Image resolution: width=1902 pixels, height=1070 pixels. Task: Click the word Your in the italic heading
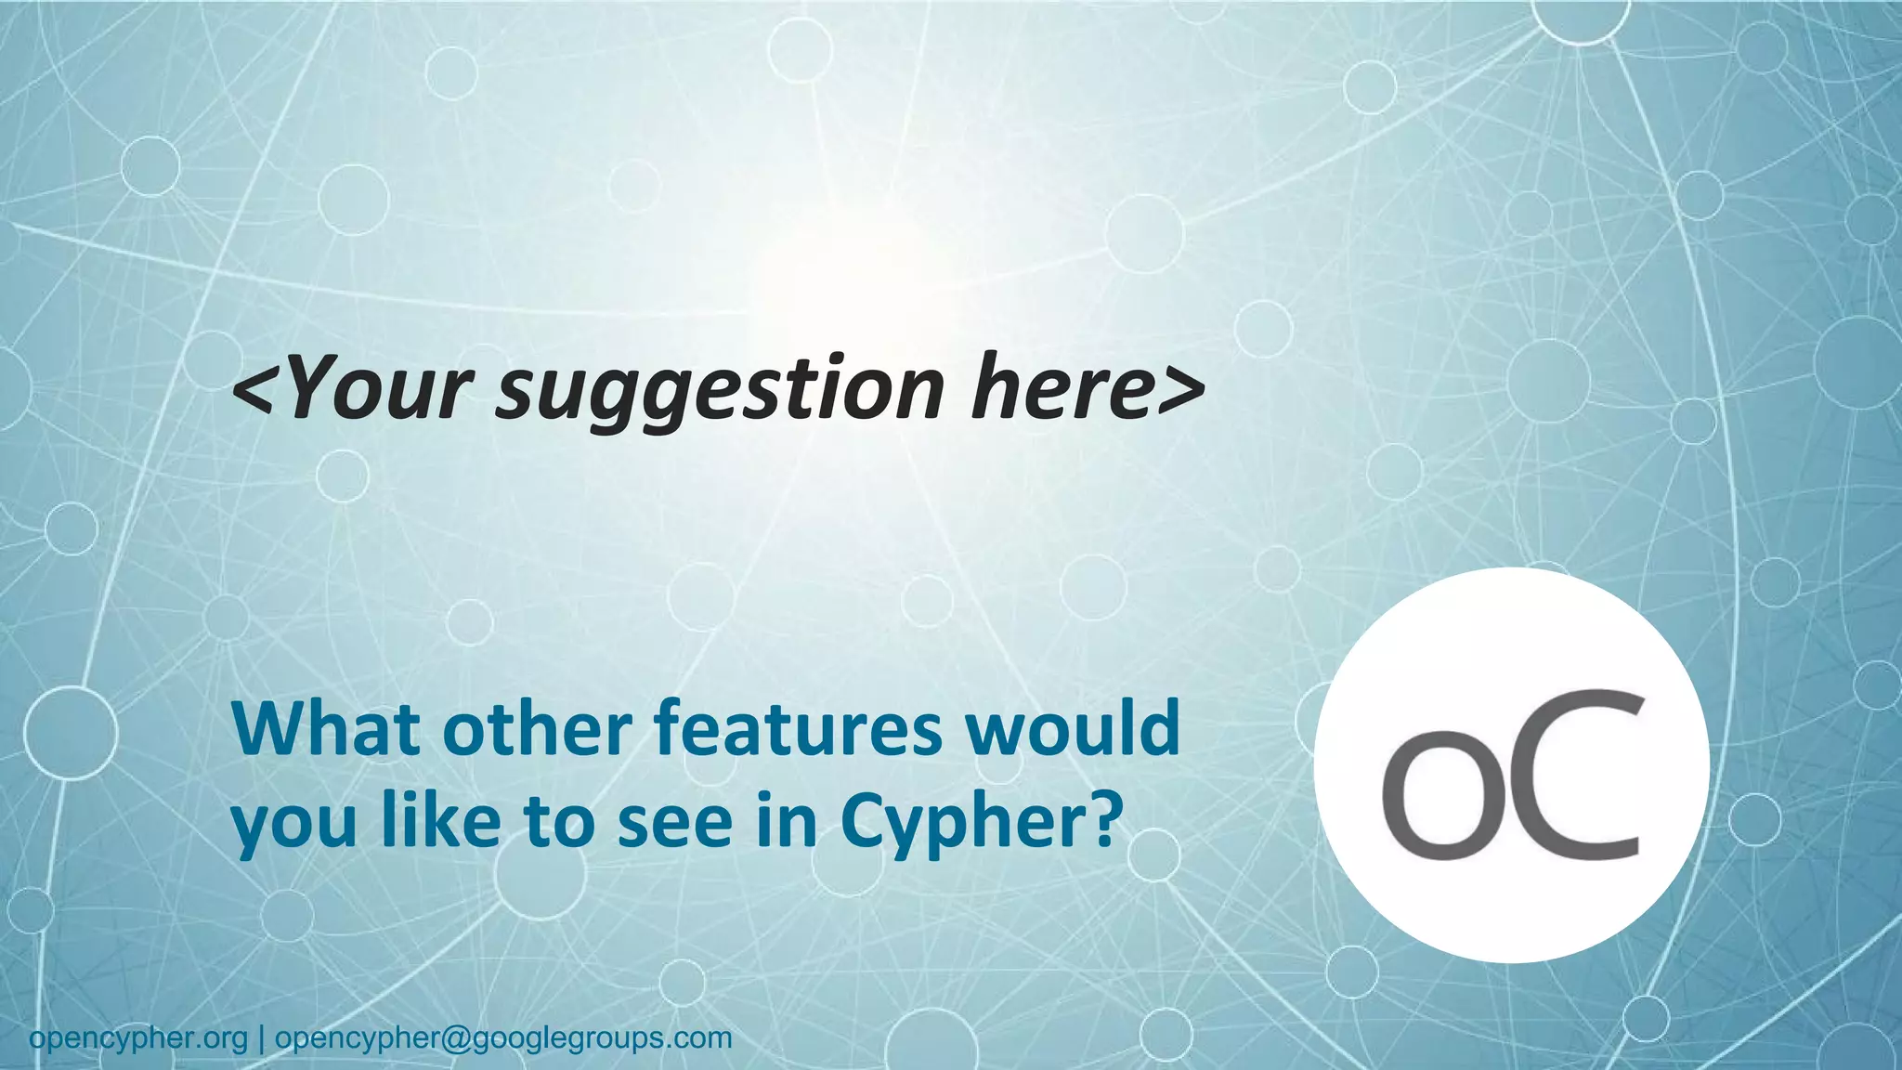(382, 387)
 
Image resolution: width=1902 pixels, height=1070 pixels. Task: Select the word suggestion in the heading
(720, 390)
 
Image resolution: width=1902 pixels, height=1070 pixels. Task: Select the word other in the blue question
(543, 730)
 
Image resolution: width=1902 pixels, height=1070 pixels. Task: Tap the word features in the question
(799, 730)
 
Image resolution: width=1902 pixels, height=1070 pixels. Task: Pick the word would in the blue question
(1073, 730)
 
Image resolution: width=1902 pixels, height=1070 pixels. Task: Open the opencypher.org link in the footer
(138, 1038)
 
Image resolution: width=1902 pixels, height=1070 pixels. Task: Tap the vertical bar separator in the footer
(261, 1038)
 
